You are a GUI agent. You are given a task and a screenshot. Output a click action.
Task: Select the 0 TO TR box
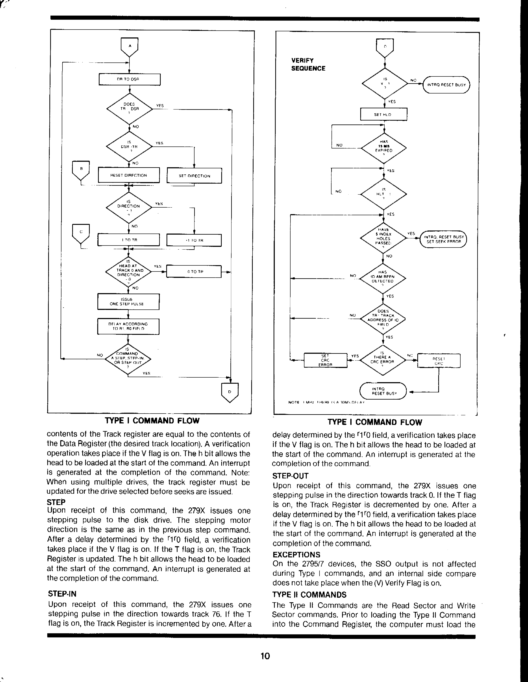click(194, 271)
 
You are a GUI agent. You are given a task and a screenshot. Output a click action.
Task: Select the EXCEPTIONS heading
click(296, 555)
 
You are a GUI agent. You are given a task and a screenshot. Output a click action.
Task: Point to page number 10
click(265, 656)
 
